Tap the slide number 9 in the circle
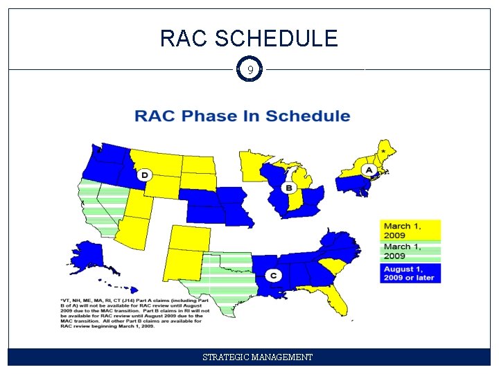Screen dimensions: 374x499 tap(249, 70)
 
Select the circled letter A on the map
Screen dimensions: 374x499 tap(369, 170)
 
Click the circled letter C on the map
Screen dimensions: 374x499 tap(274, 276)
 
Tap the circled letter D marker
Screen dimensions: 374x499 tap(144, 175)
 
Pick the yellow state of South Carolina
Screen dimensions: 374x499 tap(333, 265)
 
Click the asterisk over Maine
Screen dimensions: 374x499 tap(383, 150)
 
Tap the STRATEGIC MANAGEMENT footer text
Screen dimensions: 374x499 tap(257, 357)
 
